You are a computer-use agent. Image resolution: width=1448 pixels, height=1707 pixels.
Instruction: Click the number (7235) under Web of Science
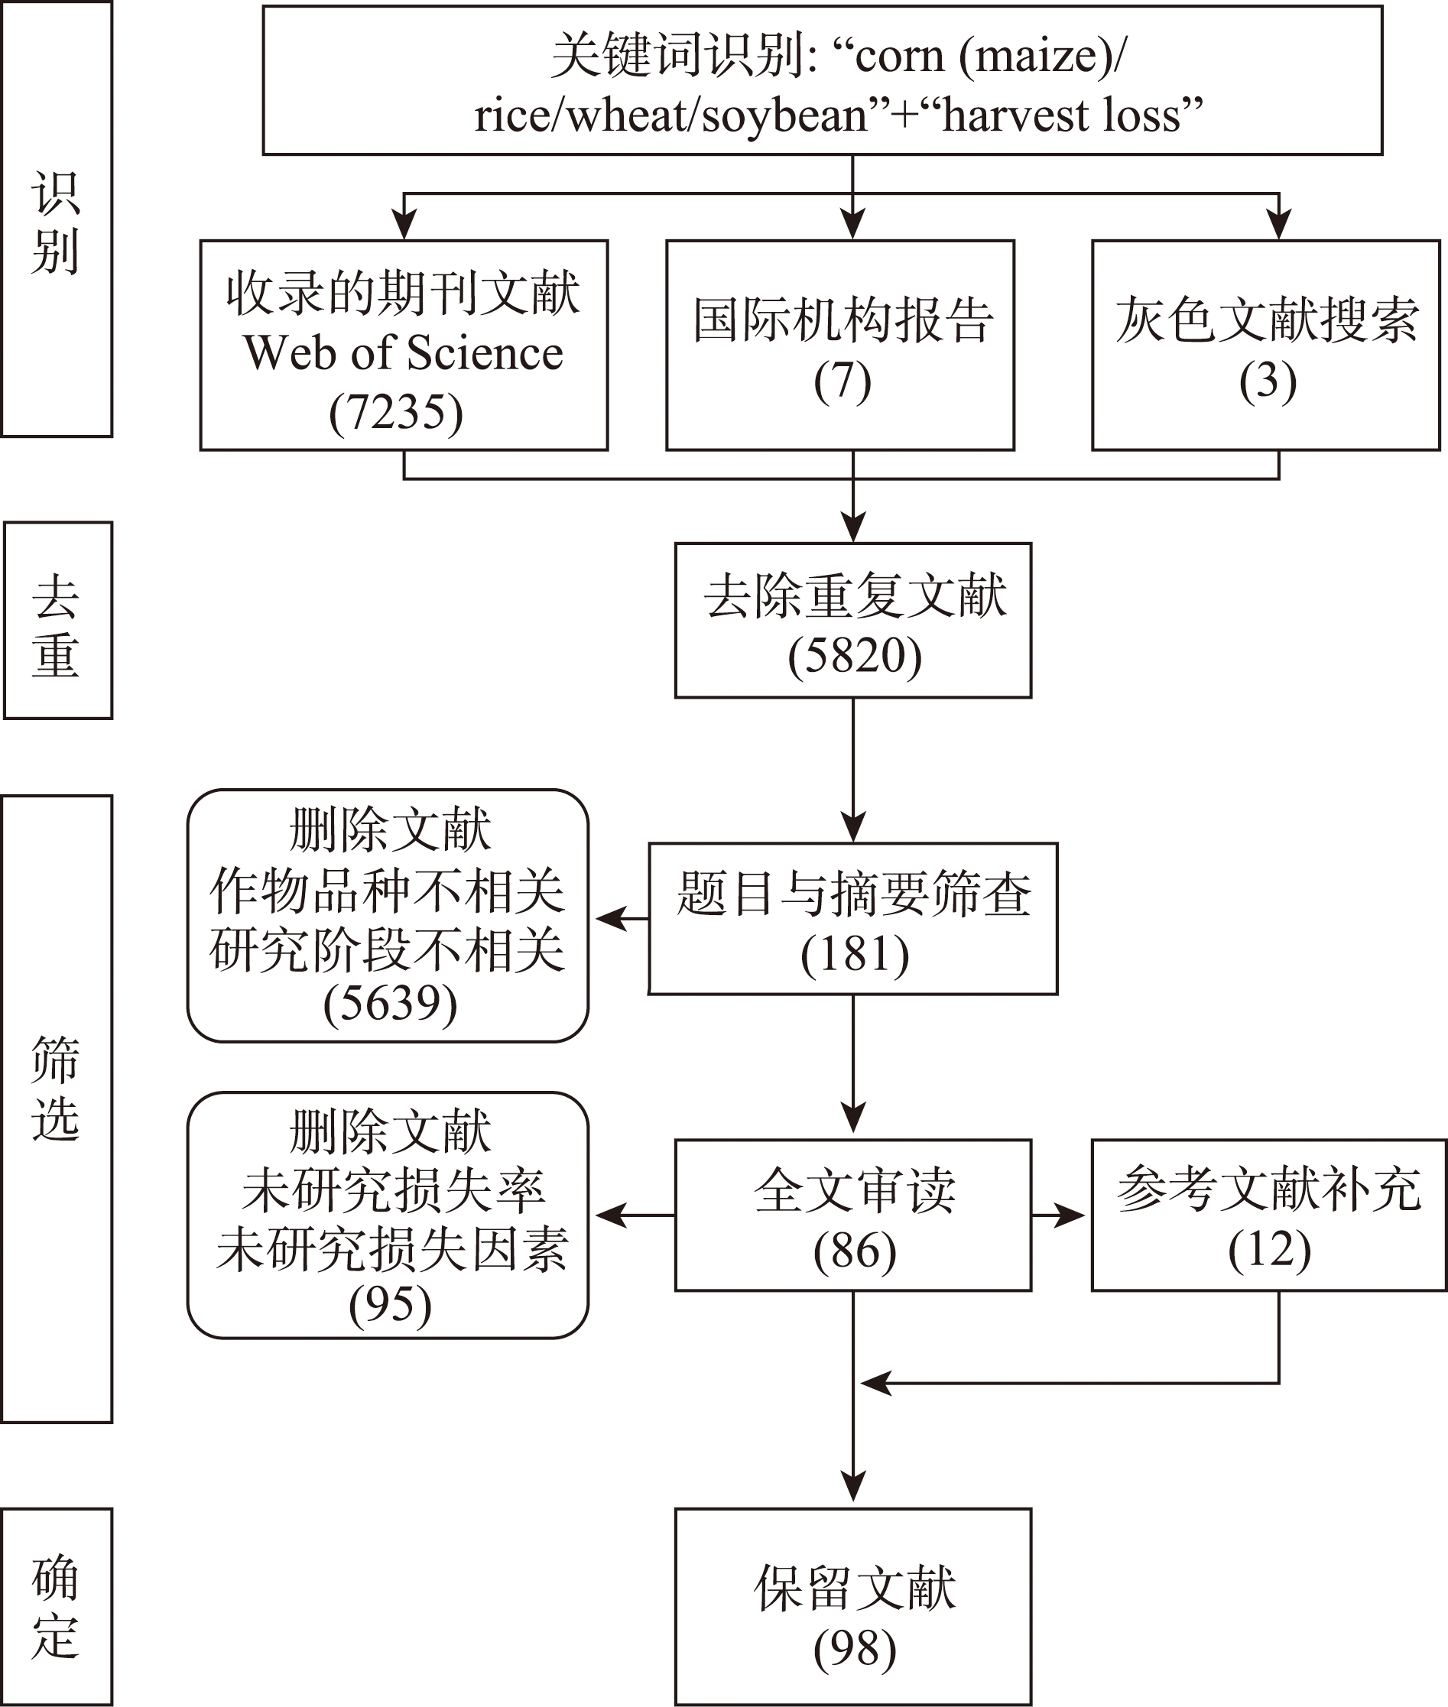click(x=396, y=413)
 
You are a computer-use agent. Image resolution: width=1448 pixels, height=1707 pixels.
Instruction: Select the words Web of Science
click(x=403, y=353)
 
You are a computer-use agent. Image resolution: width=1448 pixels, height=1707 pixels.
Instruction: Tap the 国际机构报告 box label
click(x=843, y=320)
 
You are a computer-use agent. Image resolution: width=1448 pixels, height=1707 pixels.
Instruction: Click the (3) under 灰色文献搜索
click(x=1268, y=381)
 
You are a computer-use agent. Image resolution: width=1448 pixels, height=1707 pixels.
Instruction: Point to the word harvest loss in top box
click(x=1072, y=115)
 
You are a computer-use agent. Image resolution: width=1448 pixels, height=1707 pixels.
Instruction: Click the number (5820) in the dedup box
click(x=854, y=657)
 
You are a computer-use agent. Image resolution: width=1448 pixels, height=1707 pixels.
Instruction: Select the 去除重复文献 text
click(x=854, y=596)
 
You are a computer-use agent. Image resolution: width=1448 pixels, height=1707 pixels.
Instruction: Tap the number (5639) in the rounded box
click(x=389, y=1003)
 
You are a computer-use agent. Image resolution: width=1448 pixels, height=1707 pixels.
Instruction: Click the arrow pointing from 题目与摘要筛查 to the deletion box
click(x=621, y=919)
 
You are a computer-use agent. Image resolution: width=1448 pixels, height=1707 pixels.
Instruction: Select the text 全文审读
click(x=854, y=1190)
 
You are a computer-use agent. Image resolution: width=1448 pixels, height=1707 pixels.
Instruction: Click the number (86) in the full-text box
click(x=854, y=1251)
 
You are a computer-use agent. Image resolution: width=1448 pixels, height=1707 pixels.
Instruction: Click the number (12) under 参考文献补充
click(x=1268, y=1250)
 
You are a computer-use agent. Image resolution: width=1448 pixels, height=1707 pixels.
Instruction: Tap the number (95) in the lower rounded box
click(x=389, y=1305)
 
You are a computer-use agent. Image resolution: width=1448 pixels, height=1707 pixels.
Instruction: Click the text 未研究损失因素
click(x=391, y=1250)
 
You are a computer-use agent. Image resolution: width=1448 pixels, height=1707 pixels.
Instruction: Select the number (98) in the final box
click(x=854, y=1650)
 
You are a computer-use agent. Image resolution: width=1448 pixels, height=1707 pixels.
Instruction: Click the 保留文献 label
click(x=854, y=1588)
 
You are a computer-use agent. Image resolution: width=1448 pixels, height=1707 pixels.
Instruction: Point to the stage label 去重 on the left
click(x=56, y=625)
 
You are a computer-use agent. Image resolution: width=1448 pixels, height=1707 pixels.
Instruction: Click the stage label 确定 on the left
click(x=56, y=1607)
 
